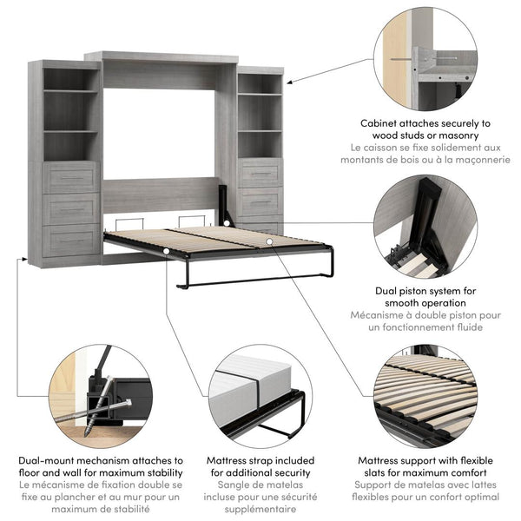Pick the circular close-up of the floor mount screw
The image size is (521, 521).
click(100, 396)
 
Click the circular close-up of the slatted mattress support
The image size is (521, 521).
click(426, 396)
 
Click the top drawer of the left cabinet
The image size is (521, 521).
click(71, 178)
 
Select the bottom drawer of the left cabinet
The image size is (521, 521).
click(71, 240)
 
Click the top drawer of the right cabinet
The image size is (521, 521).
click(260, 173)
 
